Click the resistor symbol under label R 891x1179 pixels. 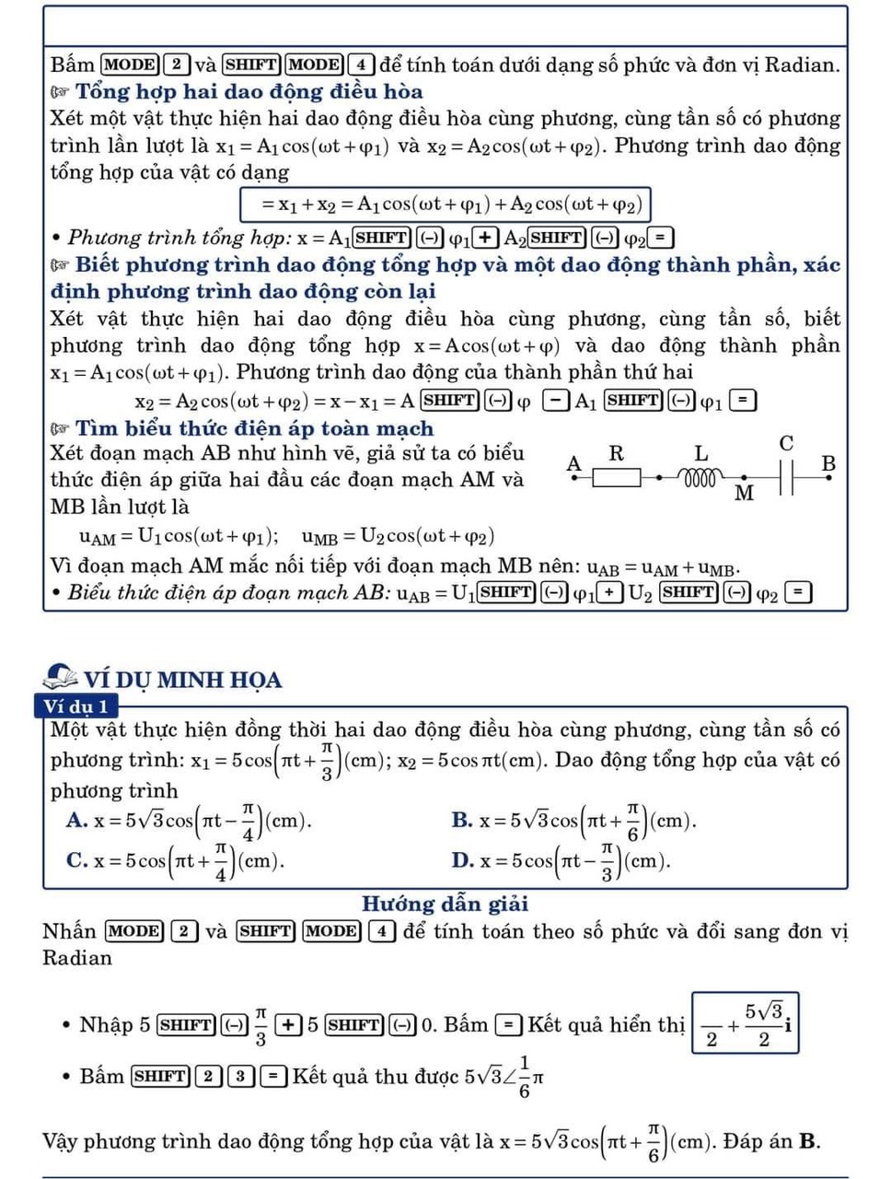coord(616,477)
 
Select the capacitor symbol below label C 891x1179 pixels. coord(786,476)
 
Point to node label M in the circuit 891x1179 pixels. coord(745,494)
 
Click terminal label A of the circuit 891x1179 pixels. coord(574,463)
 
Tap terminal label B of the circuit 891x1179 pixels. coord(828,463)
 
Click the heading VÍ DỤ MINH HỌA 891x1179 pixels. coord(182,680)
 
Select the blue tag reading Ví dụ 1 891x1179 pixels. coord(76,706)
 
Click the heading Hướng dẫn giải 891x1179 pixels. coord(445,904)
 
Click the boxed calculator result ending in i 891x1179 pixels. coord(746,1022)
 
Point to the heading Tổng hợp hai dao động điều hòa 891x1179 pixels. coord(249,91)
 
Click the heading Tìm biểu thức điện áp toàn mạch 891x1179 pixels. coord(254,428)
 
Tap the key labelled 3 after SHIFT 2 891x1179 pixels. coord(240,1076)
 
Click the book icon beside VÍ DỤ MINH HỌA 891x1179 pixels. coord(61,678)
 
